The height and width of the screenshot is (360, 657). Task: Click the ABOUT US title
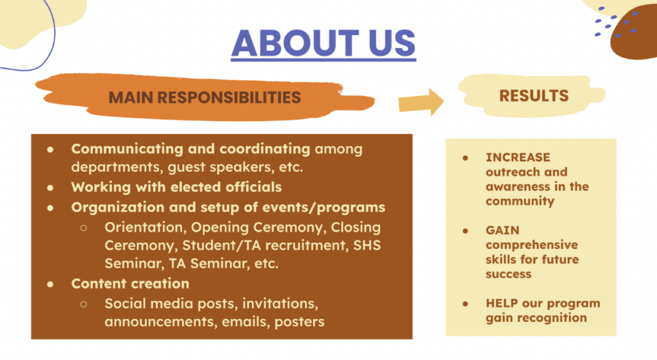click(x=323, y=44)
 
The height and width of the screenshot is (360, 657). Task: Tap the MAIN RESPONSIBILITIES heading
click(x=205, y=98)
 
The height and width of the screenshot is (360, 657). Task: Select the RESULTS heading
click(x=534, y=96)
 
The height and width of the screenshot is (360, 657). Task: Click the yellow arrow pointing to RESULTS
click(x=421, y=102)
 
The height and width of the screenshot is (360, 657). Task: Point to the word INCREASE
click(x=518, y=157)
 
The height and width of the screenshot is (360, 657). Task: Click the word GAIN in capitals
click(x=502, y=230)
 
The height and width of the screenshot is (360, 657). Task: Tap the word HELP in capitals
click(x=502, y=303)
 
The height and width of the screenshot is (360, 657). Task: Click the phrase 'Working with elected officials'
click(x=176, y=187)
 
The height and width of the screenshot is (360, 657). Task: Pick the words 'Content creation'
click(x=130, y=284)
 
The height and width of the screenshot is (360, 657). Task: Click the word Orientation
click(x=144, y=227)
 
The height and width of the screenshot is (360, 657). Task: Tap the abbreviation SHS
click(x=367, y=245)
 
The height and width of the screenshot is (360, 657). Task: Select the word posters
click(x=299, y=322)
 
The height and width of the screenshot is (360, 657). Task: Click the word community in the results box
click(x=520, y=201)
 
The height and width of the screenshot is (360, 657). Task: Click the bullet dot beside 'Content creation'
click(x=50, y=284)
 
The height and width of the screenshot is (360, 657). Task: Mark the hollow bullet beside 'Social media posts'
click(x=84, y=304)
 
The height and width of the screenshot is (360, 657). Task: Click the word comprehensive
click(x=532, y=245)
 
